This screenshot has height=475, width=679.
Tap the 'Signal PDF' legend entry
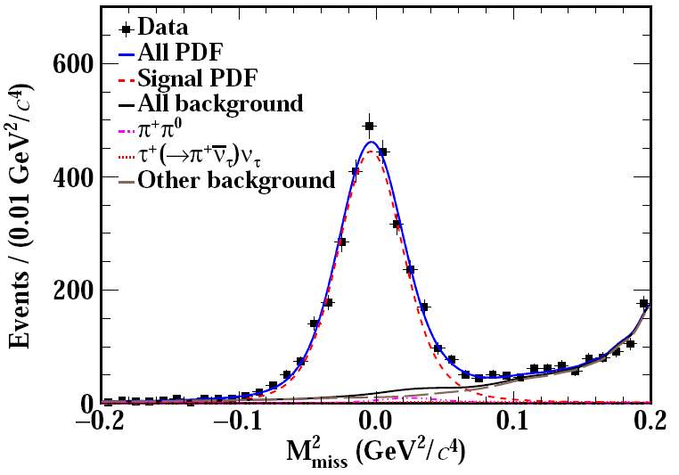click(x=197, y=78)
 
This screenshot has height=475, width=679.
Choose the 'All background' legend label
click(x=220, y=103)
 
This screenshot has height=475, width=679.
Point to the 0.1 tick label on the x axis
click(x=514, y=420)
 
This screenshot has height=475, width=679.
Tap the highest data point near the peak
click(x=369, y=127)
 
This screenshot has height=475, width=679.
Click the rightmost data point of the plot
click(x=643, y=304)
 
